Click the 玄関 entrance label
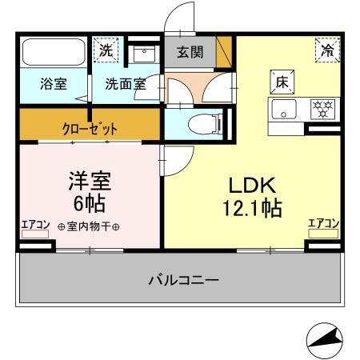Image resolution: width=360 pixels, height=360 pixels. [x=190, y=53]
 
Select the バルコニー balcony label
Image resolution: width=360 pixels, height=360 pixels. [x=183, y=280]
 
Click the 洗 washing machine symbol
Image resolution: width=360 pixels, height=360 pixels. [x=106, y=50]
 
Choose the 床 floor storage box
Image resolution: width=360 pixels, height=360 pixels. [x=282, y=82]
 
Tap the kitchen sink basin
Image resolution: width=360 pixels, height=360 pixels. [x=283, y=108]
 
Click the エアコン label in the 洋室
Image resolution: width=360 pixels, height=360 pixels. [x=35, y=225]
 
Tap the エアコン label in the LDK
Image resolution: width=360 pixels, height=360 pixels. [x=324, y=224]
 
